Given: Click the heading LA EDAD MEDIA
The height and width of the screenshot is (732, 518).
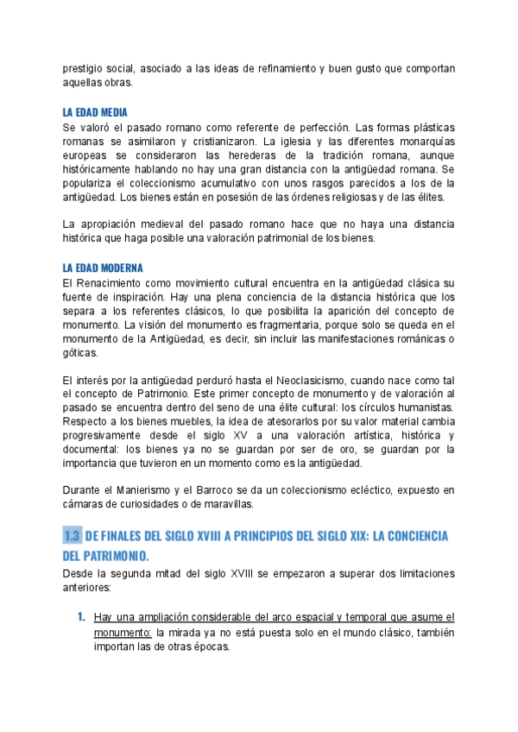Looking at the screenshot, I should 96,112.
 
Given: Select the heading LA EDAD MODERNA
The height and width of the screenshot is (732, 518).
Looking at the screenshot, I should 103,268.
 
